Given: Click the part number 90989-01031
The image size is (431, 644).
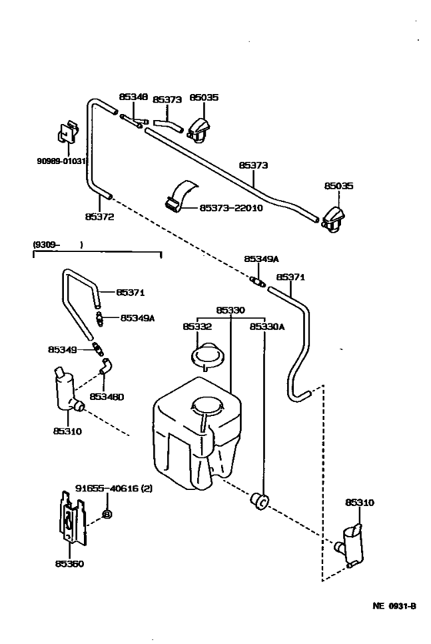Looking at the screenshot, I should point(62,162).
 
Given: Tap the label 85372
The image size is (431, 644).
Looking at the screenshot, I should point(100,218).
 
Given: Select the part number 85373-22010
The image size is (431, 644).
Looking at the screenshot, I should point(231,208).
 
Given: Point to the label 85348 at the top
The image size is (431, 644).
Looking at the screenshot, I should point(132,97).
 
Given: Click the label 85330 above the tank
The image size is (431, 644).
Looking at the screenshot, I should point(230,310).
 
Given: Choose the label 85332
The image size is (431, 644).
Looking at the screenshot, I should point(197,327).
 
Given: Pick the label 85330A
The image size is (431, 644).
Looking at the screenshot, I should point(266,327).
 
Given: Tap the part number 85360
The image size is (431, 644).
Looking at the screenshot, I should point(68,563).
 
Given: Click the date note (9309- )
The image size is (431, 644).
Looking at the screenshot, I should point(57,245).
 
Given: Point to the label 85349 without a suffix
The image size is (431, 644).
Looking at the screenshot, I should point(63,349).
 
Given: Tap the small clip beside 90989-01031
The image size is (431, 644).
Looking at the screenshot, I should point(66,134).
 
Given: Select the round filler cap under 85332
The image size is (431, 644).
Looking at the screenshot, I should point(205,357).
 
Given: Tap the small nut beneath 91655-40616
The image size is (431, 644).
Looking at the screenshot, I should point(108,513).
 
